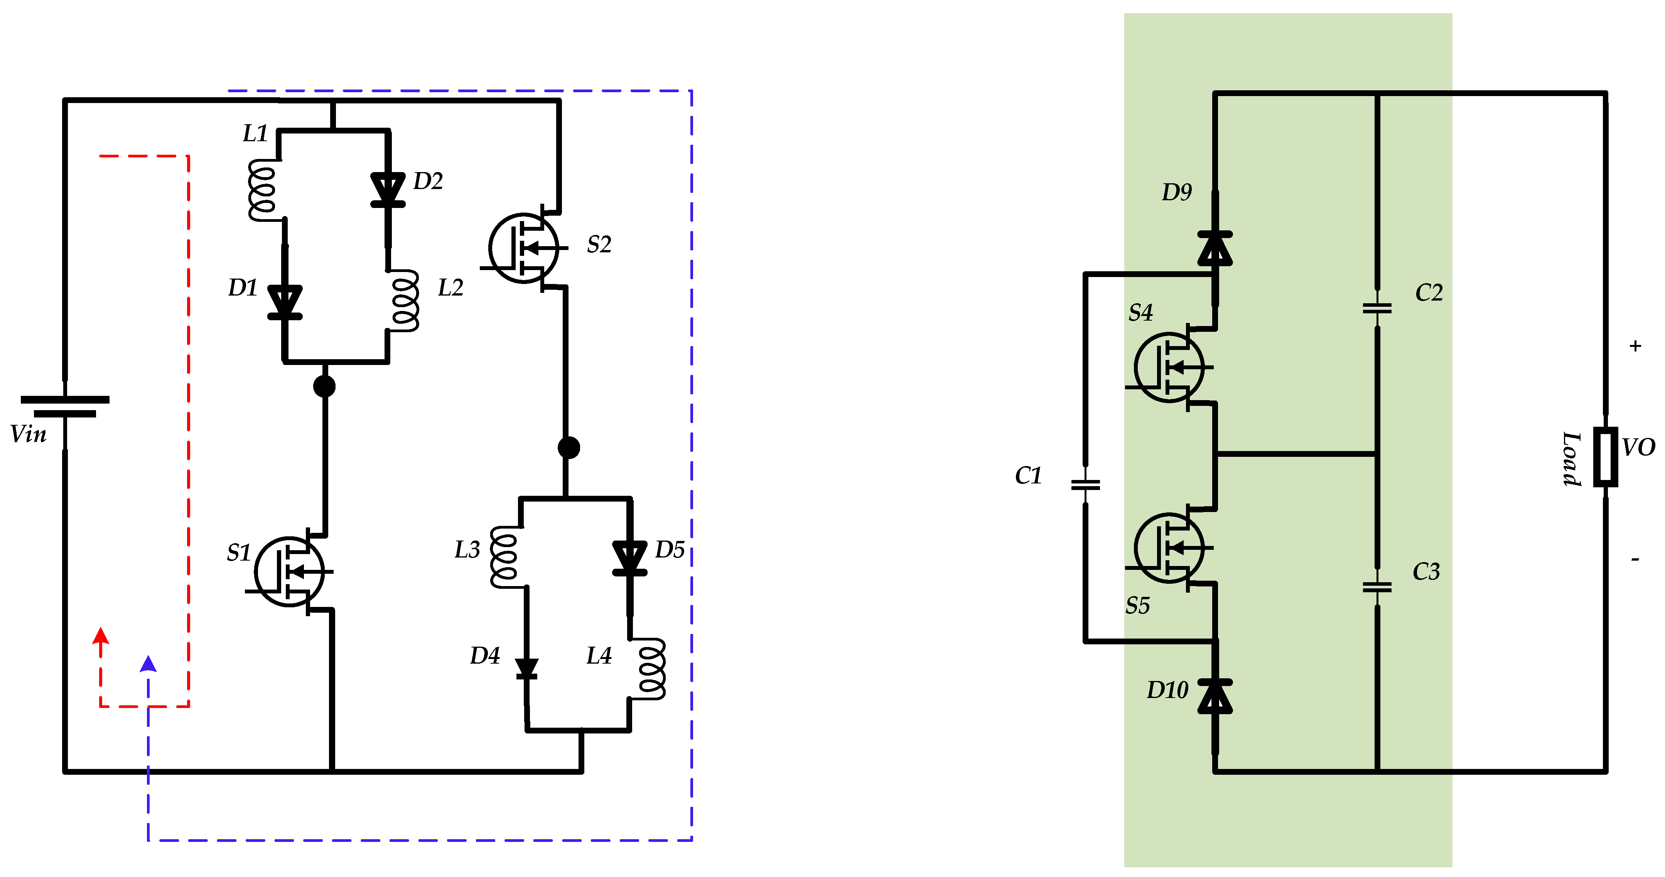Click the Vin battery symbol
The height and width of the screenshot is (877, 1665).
point(65,406)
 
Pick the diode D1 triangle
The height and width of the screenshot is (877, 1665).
point(284,301)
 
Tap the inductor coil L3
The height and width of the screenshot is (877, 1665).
point(504,557)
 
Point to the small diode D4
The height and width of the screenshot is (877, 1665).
point(527,668)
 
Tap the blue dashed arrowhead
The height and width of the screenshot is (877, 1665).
point(148,664)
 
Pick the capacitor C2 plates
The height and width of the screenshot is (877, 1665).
point(1377,309)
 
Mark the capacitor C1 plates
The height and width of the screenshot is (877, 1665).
point(1085,485)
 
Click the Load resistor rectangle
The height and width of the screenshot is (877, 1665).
point(1606,456)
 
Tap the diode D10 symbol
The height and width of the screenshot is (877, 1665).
point(1215,696)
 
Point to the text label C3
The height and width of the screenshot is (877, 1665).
point(1426,572)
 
